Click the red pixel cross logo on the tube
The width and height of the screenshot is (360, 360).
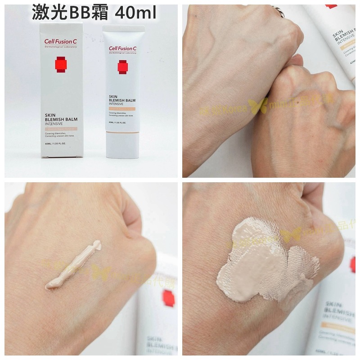pos(123,67)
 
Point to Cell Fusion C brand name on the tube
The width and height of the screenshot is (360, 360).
pos(124,49)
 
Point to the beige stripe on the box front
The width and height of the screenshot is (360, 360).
pos(61,129)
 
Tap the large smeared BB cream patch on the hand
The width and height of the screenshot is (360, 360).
pos(263,265)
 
